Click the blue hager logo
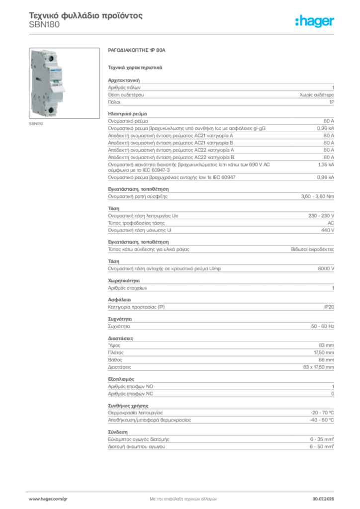click(315, 21)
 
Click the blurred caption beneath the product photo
click(35, 121)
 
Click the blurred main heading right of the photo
click(134, 51)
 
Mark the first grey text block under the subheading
click(220, 90)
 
